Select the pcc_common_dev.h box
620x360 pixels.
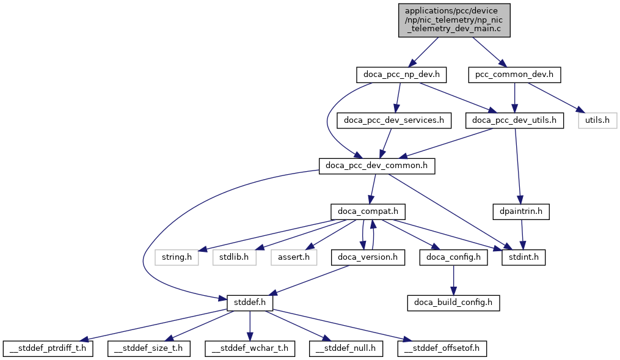tap(515, 75)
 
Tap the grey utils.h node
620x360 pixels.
tap(597, 120)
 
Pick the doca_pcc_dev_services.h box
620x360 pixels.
tap(394, 120)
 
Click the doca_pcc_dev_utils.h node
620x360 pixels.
tap(514, 120)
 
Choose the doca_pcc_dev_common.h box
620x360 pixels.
tap(377, 166)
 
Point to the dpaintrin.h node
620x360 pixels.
tap(521, 211)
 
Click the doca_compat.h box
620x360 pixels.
tap(368, 211)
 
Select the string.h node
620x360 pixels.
tap(177, 257)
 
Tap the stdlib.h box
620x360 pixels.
tap(234, 257)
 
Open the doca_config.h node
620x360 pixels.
tap(453, 257)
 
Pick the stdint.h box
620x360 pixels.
tap(523, 257)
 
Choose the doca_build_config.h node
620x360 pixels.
tap(453, 303)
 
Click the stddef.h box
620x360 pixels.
tap(249, 303)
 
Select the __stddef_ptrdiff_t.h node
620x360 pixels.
tap(48, 348)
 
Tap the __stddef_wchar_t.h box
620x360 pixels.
tap(249, 348)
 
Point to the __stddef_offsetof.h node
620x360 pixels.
tap(442, 348)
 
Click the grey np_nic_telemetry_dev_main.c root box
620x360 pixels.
tap(454, 20)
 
